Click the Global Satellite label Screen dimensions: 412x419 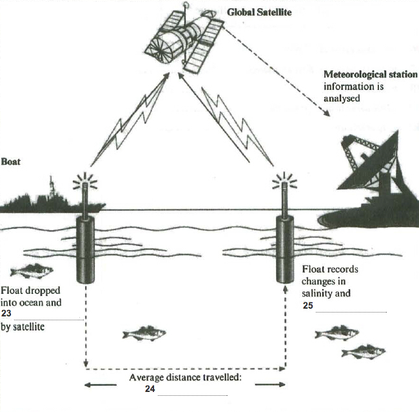point(259,11)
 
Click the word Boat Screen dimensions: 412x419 point(10,161)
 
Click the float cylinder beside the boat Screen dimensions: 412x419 point(86,249)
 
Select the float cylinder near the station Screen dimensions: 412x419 point(285,249)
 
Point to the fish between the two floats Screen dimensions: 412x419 point(144,333)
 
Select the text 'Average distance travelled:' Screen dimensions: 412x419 point(185,378)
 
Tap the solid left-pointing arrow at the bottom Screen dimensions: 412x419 point(100,385)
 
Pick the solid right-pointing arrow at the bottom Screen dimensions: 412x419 point(269,385)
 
